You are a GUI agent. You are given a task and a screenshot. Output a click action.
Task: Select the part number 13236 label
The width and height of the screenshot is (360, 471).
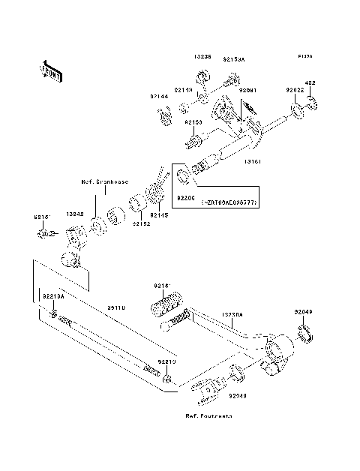(x=202, y=57)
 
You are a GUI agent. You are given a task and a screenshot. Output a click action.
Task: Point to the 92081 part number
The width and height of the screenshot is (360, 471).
(x=247, y=90)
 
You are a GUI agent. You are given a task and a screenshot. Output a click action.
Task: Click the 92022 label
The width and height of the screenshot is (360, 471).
(x=295, y=90)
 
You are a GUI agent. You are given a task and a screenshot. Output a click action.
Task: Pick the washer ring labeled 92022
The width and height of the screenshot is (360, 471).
(x=298, y=112)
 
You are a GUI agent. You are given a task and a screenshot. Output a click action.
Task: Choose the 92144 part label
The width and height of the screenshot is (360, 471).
(x=157, y=96)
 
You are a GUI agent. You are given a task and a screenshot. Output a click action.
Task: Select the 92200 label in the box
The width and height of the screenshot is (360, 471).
(x=186, y=197)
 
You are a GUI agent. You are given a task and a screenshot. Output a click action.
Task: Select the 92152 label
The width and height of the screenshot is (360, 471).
(x=140, y=223)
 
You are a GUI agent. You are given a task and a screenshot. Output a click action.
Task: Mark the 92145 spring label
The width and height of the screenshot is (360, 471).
(x=160, y=216)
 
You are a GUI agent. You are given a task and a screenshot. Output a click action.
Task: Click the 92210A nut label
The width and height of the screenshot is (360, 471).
(x=54, y=295)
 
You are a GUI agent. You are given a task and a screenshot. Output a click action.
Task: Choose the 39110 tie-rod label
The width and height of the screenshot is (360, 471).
(x=117, y=307)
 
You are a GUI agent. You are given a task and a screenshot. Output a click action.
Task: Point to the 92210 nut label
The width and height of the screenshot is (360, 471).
(x=166, y=362)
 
